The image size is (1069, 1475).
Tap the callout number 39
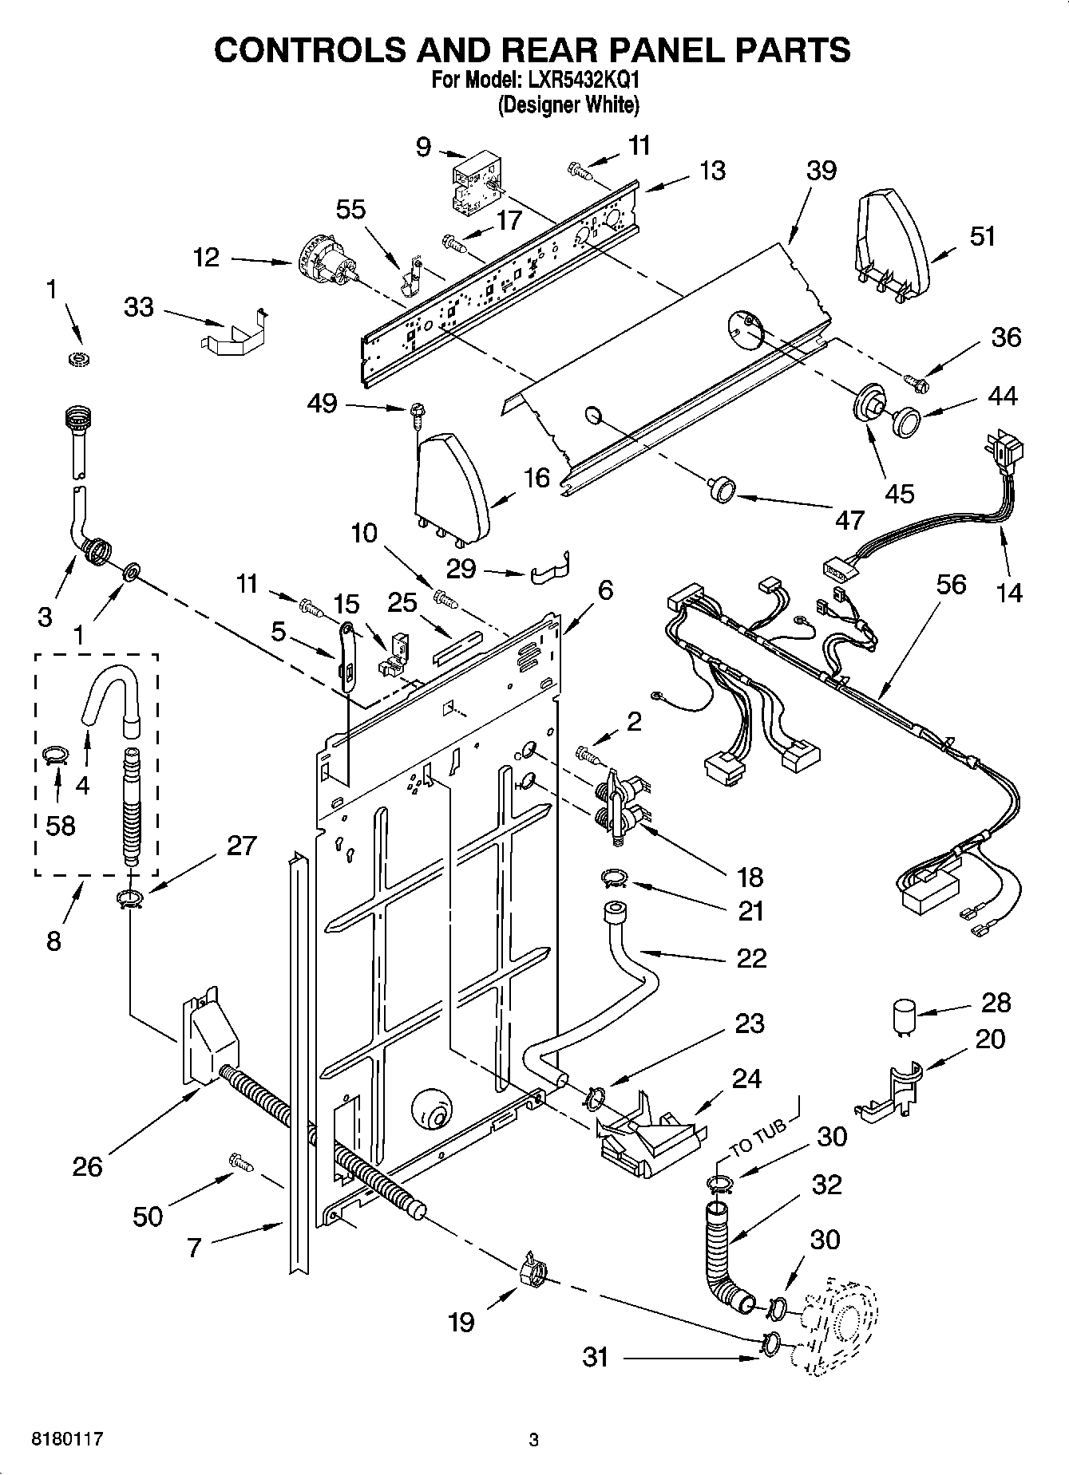tap(821, 171)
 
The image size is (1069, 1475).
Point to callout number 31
tap(596, 1356)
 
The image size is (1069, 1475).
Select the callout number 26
tap(87, 1166)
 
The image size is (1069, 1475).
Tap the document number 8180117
tap(67, 1440)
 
